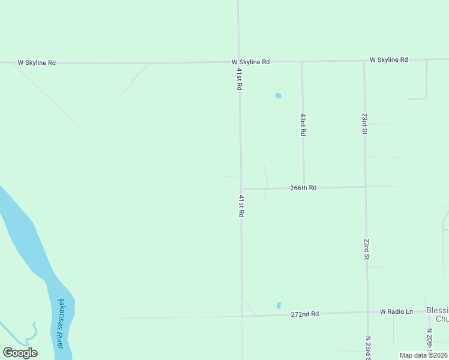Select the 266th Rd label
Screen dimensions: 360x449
(x=303, y=188)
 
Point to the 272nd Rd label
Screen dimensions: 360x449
(x=304, y=314)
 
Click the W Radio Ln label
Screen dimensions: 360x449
(x=397, y=311)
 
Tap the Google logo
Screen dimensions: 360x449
(x=20, y=353)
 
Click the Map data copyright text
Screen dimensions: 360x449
(x=424, y=355)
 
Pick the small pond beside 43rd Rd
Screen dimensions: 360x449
(x=278, y=95)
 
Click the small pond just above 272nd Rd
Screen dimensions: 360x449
(x=279, y=305)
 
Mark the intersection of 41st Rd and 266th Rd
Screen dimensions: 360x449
(x=241, y=188)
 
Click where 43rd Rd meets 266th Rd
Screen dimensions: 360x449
(x=303, y=187)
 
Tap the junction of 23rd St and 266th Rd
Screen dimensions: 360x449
(x=366, y=187)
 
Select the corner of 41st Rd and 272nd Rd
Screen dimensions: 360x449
(x=242, y=316)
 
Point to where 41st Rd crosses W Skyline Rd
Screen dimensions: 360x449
(x=238, y=62)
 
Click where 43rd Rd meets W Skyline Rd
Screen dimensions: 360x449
(x=302, y=61)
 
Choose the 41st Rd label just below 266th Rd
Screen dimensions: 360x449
(x=241, y=206)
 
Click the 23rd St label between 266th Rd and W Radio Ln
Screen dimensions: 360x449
(x=366, y=248)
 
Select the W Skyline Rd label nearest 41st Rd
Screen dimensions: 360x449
(x=250, y=62)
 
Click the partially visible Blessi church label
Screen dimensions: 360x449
(x=437, y=314)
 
